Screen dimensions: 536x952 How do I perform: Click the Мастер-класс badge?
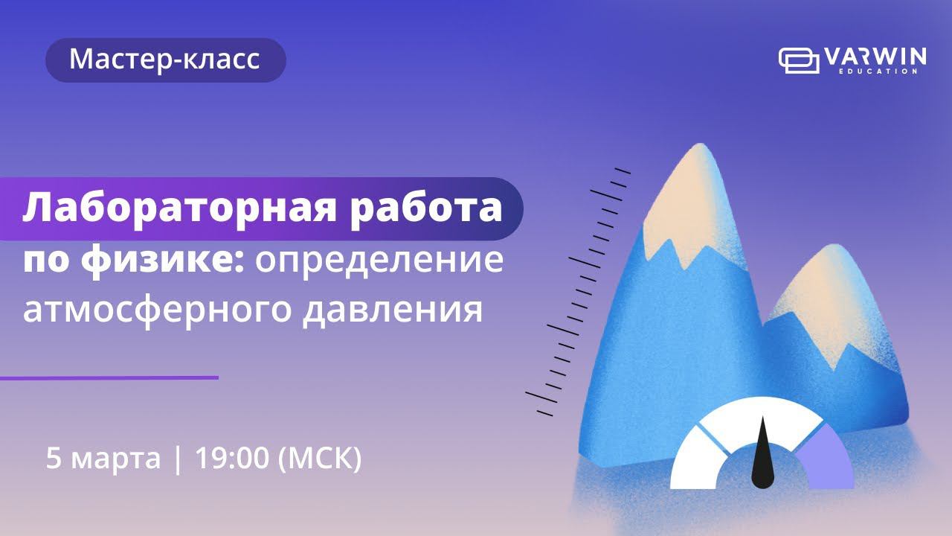coord(165,60)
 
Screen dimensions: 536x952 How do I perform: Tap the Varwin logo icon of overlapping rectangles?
coord(797,60)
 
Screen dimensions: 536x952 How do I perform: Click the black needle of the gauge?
coord(762,458)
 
